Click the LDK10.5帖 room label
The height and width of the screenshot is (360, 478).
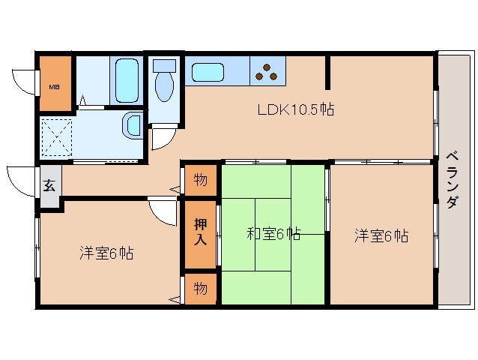tap(295, 109)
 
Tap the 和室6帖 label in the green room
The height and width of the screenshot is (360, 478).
tap(273, 234)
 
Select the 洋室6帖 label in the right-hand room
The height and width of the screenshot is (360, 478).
tap(381, 236)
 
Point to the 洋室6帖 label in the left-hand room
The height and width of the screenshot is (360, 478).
tap(106, 253)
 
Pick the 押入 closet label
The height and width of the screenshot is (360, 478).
tap(200, 232)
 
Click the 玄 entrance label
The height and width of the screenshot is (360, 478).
tap(49, 185)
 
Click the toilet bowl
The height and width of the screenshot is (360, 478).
tap(163, 84)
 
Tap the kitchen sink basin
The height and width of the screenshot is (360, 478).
tap(208, 73)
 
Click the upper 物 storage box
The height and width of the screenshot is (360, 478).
tap(200, 179)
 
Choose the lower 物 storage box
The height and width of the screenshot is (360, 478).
tap(200, 287)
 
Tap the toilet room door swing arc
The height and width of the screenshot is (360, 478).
tap(160, 138)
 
